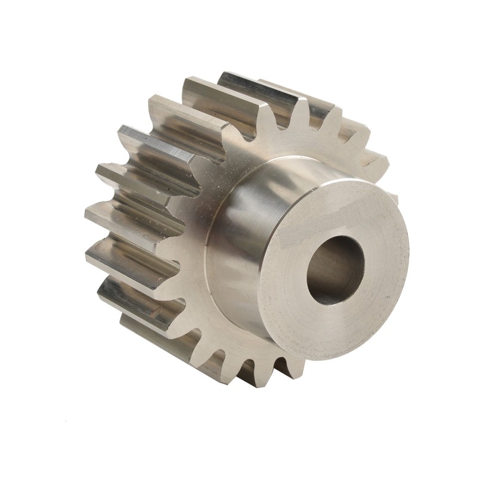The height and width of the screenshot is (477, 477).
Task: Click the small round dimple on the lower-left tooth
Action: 153,311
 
